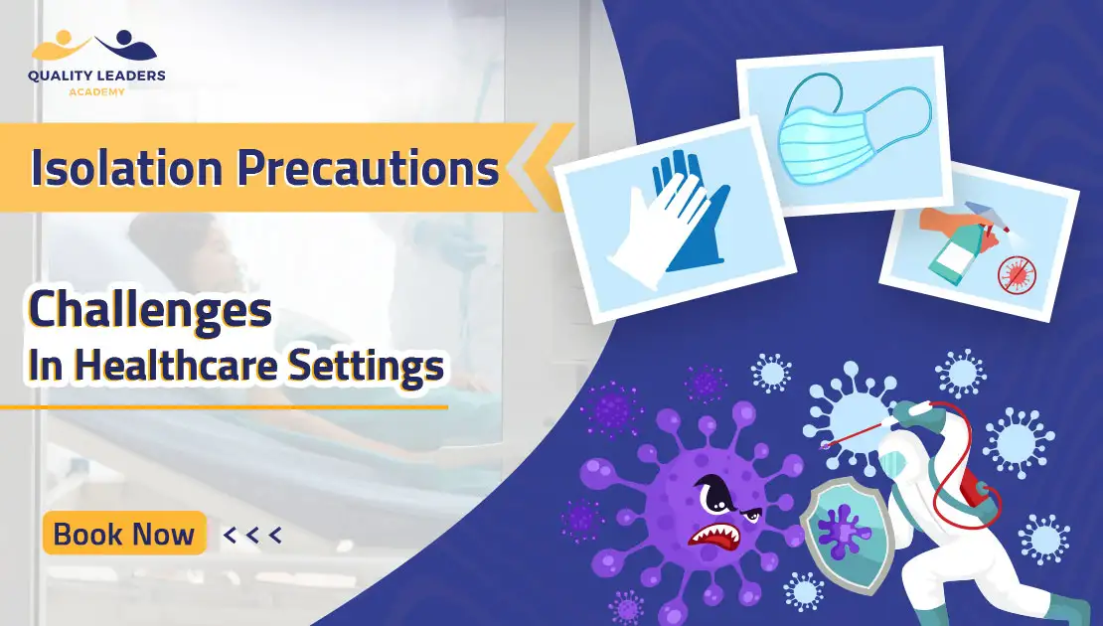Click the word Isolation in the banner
tap(126, 167)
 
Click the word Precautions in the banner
tap(368, 167)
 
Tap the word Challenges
tap(150, 310)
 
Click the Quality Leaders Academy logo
tap(96, 64)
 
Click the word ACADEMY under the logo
tap(96, 91)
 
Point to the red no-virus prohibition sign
tap(1018, 274)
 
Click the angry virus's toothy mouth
tap(714, 538)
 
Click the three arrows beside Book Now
tap(252, 536)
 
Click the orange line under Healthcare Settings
tap(224, 406)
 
